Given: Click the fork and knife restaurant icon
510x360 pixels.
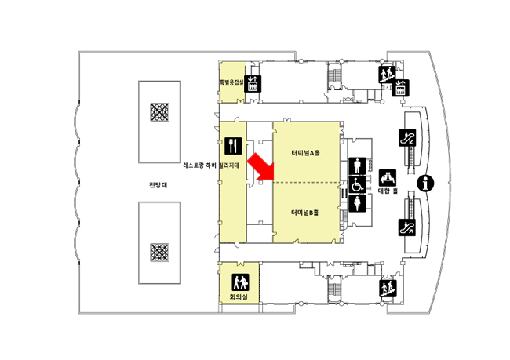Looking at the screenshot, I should tap(232, 145).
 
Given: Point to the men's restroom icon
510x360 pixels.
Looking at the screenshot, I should tap(356, 166).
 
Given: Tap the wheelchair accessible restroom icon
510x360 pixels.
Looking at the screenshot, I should tap(356, 185).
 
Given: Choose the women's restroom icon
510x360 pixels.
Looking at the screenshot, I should tap(356, 203).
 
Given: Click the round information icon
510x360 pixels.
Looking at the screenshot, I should tap(427, 184).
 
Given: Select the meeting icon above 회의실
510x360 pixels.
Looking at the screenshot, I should tap(238, 282).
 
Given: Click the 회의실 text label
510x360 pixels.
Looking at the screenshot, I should tap(238, 298).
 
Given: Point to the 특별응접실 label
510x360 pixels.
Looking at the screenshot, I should tap(231, 80).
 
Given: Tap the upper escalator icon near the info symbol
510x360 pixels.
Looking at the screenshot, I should tap(407, 138).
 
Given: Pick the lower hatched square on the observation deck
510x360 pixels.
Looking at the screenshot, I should tap(161, 252).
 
